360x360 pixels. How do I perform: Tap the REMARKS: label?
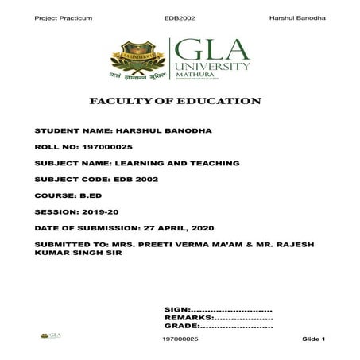point(186,317)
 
